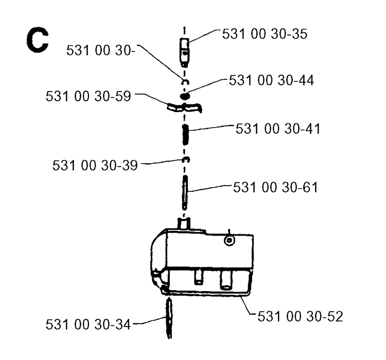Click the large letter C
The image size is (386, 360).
(x=37, y=40)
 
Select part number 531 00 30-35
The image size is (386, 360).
(x=265, y=34)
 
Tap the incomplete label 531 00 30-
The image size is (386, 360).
(x=101, y=50)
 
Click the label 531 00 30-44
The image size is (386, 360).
(x=271, y=80)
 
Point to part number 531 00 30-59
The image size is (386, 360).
(x=88, y=96)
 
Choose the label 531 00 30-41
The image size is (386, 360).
(x=278, y=129)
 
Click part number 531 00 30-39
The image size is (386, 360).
(x=95, y=165)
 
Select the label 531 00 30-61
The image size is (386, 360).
(x=275, y=187)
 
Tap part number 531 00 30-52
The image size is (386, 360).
(x=300, y=316)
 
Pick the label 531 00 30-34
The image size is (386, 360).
(x=88, y=324)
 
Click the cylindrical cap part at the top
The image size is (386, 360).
(x=184, y=52)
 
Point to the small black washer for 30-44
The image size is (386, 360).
(x=185, y=96)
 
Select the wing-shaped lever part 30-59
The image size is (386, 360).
(x=184, y=108)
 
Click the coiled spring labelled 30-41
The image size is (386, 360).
(x=185, y=134)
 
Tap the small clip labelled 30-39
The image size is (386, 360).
(x=186, y=160)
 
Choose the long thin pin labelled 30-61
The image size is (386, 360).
(x=185, y=192)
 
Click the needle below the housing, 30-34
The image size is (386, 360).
(x=169, y=318)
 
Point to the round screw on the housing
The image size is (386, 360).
(x=230, y=240)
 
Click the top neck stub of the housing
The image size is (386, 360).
(x=184, y=223)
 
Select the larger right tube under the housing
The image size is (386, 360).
(x=226, y=280)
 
